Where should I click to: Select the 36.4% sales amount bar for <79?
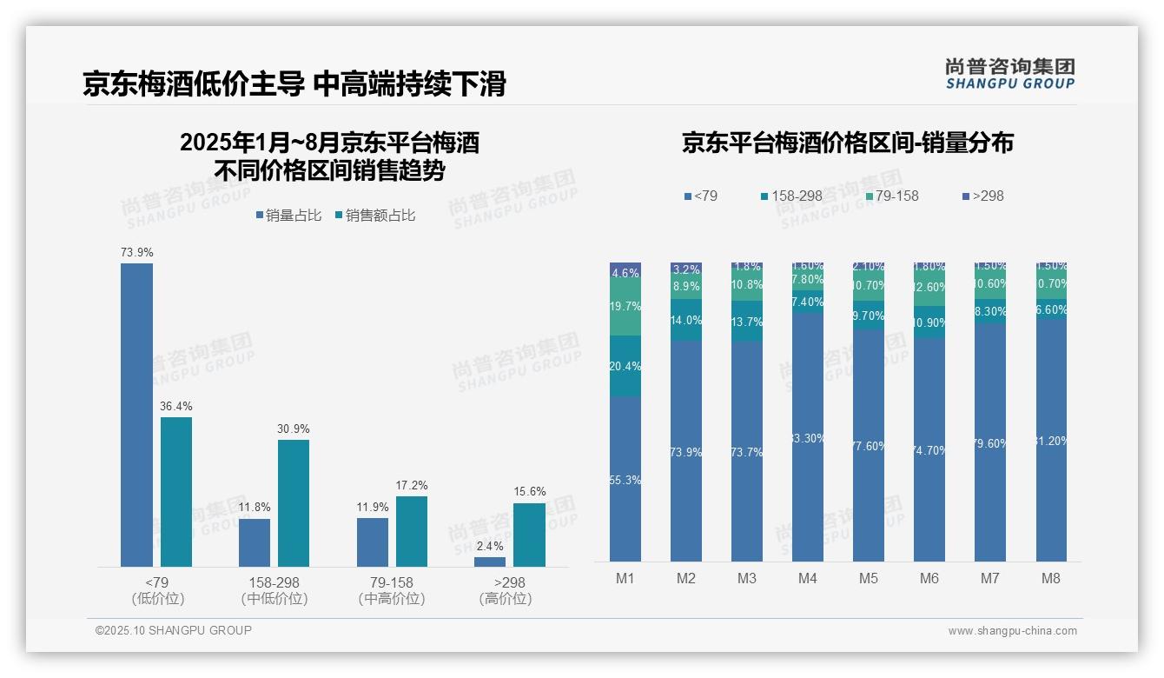176,492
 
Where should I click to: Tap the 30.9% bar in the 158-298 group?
294,503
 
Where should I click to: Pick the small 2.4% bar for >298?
490,562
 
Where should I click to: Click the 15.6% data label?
530,492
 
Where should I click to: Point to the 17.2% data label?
411,485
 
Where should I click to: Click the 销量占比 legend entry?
288,216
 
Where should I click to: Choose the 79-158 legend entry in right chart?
891,196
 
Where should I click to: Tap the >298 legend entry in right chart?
983,196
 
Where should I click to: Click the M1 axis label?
625,579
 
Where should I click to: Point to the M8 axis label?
1051,579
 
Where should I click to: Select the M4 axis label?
808,579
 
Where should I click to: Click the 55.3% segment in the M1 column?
625,480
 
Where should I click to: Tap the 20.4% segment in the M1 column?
625,366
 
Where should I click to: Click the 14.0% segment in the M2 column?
686,321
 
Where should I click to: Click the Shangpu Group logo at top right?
1009,74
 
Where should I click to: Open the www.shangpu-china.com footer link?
1012,631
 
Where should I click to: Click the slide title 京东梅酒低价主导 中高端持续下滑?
294,83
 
